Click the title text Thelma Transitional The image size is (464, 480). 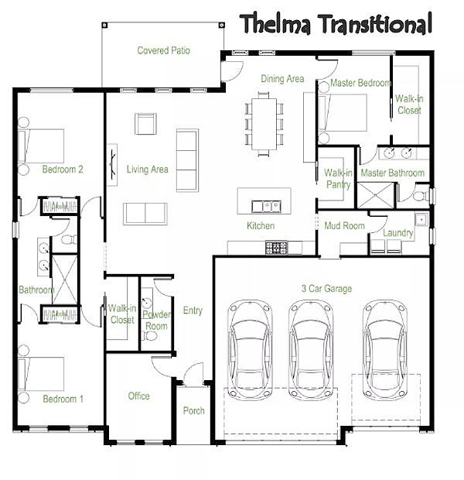336,24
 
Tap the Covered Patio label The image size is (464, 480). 164,50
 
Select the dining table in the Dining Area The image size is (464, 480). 264,124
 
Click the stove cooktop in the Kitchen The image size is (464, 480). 277,248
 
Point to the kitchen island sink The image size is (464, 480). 266,207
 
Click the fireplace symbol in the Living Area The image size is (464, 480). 113,164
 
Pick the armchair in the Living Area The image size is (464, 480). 145,124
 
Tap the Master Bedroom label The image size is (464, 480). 361,83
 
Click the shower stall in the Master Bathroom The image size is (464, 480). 376,195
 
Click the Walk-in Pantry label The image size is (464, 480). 338,179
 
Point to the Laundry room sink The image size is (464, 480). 421,219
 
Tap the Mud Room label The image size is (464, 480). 344,225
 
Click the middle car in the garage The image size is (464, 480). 311,350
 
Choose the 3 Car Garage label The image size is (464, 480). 326,288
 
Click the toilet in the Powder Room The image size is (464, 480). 150,336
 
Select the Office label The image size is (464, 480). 139,396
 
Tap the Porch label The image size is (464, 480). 193,410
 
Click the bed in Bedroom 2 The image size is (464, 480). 41,146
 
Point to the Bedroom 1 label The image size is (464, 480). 63,399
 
